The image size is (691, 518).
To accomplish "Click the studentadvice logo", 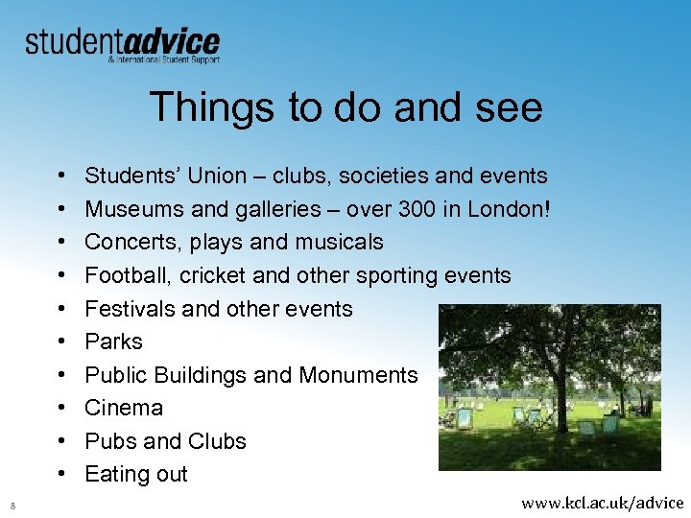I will (x=122, y=44).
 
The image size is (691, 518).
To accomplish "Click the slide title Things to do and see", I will (x=345, y=106).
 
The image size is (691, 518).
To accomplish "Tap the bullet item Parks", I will (x=113, y=341).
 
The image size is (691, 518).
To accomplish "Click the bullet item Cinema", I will (x=124, y=408).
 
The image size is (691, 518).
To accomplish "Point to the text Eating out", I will (x=136, y=474).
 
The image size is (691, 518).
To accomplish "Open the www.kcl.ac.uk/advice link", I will (x=602, y=502).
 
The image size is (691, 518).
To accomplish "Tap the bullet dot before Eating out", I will (x=60, y=475).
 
